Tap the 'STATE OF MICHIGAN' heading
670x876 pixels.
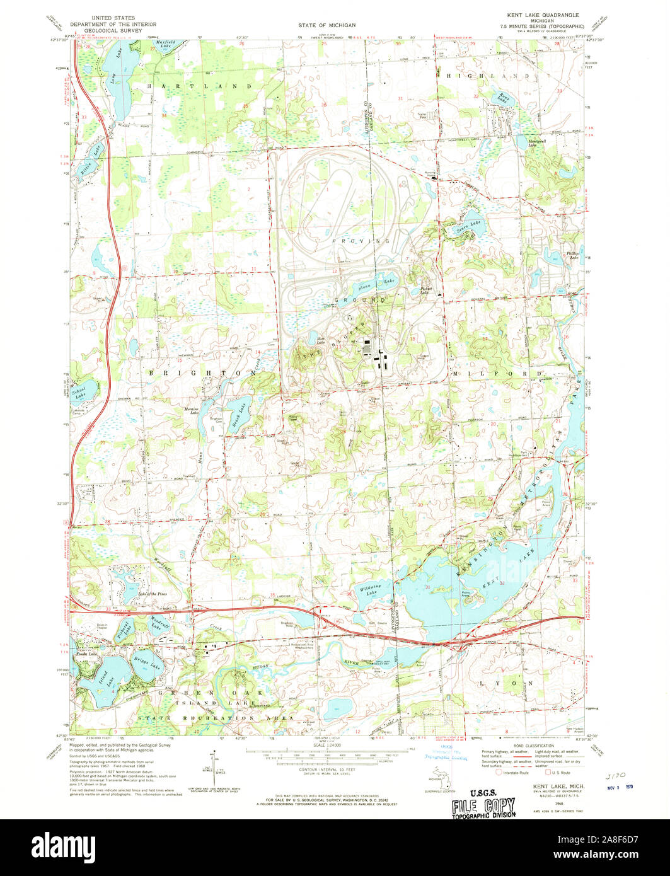[x=326, y=25]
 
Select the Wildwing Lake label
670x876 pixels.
[x=371, y=591]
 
